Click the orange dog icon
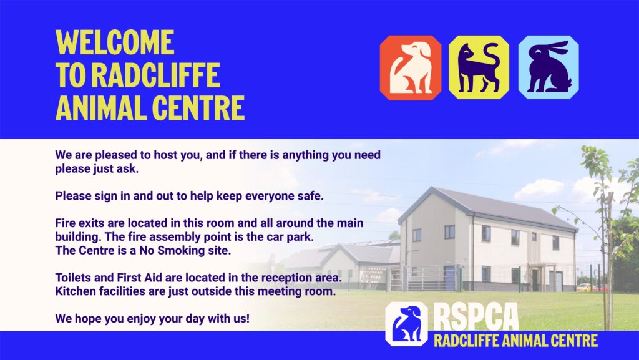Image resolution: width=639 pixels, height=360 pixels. click(411, 67)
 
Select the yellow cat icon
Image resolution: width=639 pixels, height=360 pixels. click(479, 67)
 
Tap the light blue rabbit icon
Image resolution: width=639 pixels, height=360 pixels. click(549, 67)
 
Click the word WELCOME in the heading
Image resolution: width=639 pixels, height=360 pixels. click(115, 42)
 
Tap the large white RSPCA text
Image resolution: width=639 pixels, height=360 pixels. click(476, 317)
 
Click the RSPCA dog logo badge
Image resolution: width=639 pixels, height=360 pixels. click(406, 324)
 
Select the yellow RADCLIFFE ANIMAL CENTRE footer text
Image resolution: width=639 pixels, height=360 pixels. click(515, 341)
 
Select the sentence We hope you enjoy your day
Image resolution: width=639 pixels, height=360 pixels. click(152, 318)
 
